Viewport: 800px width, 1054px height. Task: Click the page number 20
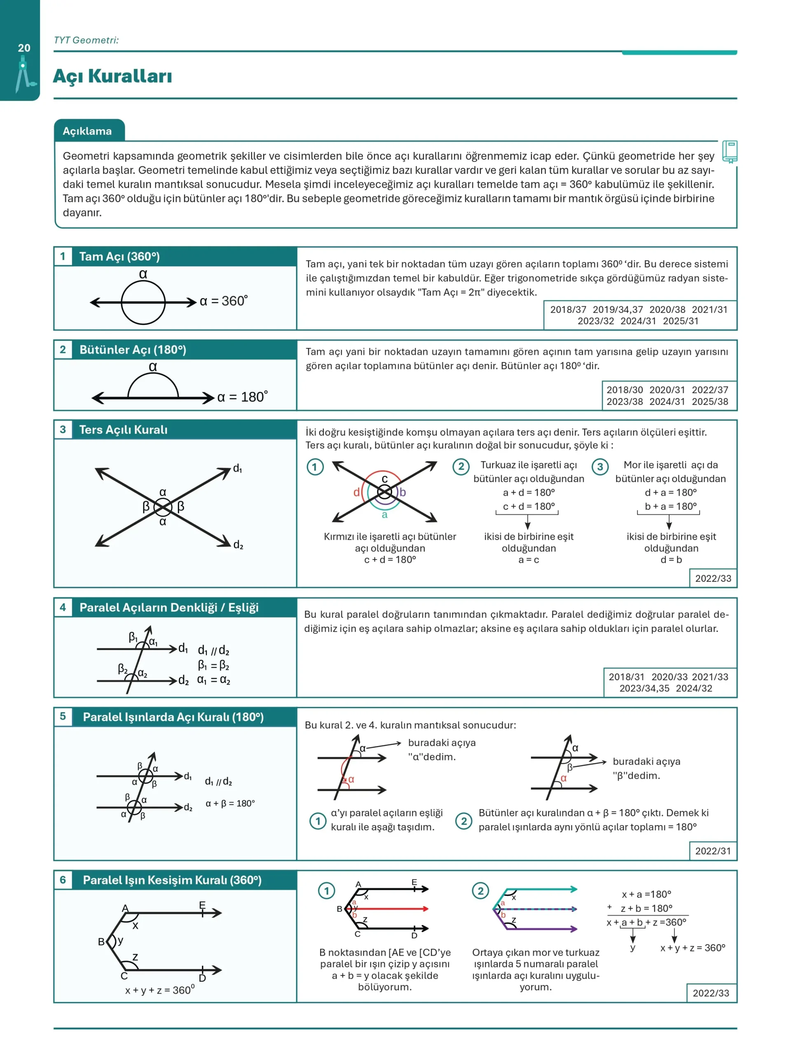[x=24, y=48]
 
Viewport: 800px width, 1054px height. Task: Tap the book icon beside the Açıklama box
[x=730, y=152]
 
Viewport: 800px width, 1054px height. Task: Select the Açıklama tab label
[x=87, y=131]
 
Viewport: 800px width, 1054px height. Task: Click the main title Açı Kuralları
[x=112, y=76]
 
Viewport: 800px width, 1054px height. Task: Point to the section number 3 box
[x=63, y=429]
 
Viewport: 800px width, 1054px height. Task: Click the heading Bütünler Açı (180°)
[x=133, y=350]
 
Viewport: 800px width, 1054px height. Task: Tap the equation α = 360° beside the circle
[x=224, y=301]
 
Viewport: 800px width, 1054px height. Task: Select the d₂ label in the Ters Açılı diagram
[x=238, y=545]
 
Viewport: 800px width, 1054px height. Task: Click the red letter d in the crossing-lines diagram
[x=356, y=492]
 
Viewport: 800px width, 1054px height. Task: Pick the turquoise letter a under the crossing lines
[x=385, y=515]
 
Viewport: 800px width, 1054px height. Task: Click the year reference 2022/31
[x=713, y=851]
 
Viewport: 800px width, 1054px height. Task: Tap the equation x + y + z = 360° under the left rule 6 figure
[x=160, y=990]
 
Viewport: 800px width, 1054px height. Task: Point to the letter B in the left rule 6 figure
[x=101, y=942]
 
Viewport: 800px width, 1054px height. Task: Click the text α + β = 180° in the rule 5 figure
[x=230, y=803]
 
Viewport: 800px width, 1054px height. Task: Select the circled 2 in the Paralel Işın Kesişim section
[x=480, y=891]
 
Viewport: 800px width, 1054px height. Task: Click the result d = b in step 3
[x=671, y=560]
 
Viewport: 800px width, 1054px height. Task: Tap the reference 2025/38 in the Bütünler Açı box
[x=710, y=402]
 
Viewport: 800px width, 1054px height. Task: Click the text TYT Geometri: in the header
[x=86, y=40]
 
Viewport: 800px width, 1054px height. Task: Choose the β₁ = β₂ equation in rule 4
[x=213, y=665]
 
